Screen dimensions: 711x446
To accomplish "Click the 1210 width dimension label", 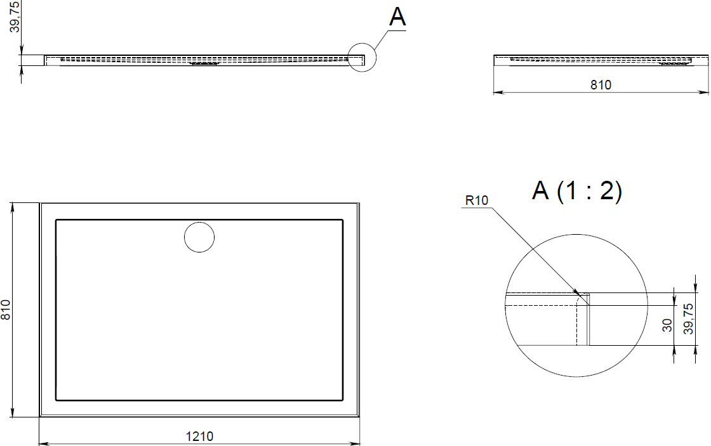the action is pyautogui.click(x=199, y=436).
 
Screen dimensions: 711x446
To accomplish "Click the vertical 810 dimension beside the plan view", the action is pyautogui.click(x=6, y=310).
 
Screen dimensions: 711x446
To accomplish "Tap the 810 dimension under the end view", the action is pyautogui.click(x=601, y=85).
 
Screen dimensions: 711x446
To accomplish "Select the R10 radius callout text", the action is pyautogui.click(x=477, y=200).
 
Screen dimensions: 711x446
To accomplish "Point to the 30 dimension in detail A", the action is pyautogui.click(x=667, y=325).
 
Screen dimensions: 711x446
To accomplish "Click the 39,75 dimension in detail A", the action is pyautogui.click(x=688, y=319).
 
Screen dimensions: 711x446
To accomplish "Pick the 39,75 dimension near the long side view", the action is pyautogui.click(x=15, y=16).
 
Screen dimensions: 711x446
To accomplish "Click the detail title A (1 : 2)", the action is pyautogui.click(x=577, y=190).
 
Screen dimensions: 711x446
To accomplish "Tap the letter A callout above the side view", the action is pyautogui.click(x=397, y=17).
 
